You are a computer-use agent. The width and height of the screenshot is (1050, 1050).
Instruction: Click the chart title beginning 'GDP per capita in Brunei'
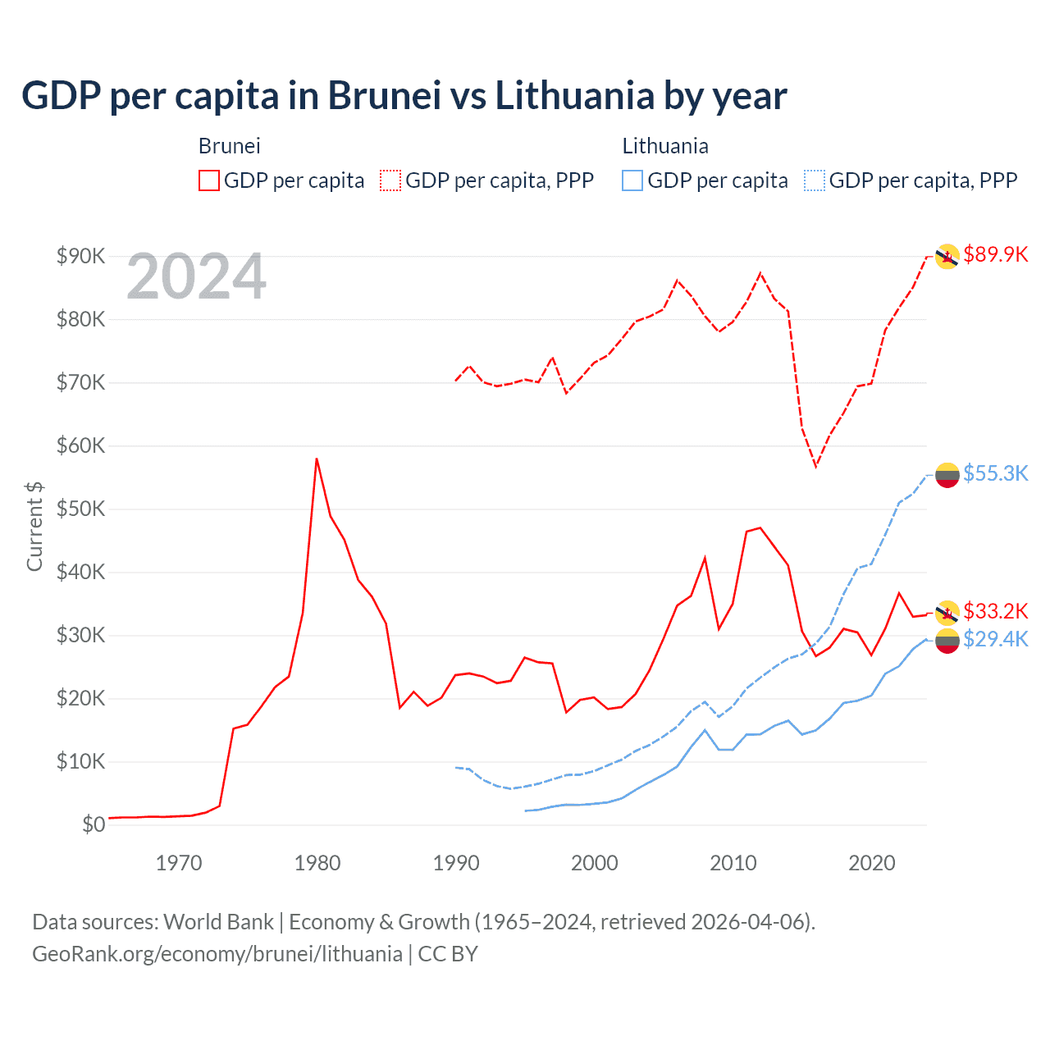click(404, 96)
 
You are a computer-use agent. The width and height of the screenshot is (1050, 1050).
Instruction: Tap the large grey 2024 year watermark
click(196, 277)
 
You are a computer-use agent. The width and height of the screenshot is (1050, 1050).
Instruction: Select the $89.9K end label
click(995, 254)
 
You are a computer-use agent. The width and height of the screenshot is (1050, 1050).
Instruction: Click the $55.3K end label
click(995, 473)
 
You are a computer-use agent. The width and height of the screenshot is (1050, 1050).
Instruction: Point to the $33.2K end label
click(995, 611)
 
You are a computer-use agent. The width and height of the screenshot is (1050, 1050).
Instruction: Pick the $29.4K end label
click(995, 639)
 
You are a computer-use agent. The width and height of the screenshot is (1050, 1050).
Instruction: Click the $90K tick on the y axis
click(80, 256)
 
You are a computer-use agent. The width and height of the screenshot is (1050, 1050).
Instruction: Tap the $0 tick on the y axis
click(94, 825)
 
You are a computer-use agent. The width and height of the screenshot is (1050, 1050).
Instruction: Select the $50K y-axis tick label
click(80, 509)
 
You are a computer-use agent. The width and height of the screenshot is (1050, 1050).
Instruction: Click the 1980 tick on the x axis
click(317, 863)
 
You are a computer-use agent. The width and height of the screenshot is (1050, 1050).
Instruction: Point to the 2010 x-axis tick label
click(733, 863)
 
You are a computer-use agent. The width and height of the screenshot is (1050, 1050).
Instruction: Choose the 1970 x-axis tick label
click(179, 863)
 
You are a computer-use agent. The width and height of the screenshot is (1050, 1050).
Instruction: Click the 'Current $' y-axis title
click(34, 526)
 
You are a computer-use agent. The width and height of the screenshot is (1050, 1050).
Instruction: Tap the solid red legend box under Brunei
click(209, 180)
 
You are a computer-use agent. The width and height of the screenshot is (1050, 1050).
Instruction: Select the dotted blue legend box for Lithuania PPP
click(815, 180)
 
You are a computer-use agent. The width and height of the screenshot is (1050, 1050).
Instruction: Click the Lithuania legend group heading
click(664, 146)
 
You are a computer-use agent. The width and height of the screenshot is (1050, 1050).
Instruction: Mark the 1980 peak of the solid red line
click(317, 459)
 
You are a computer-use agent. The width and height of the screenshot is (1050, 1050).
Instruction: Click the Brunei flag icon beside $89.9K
click(947, 256)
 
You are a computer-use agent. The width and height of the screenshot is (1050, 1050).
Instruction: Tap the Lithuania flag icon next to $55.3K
click(947, 474)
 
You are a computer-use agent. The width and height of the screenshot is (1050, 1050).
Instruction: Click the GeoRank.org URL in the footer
click(217, 954)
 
